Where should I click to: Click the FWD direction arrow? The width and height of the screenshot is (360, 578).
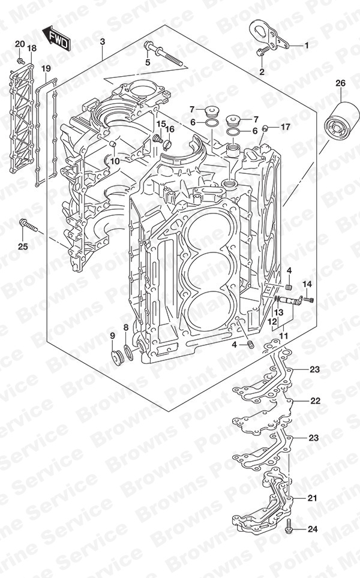pos(56,38)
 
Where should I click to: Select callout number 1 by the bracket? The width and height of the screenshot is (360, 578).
pos(306,46)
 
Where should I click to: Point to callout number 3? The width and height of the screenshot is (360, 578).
pos(102,41)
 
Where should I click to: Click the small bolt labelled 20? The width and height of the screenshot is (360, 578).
pos(21,61)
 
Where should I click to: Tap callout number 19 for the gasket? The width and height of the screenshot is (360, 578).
pos(46,68)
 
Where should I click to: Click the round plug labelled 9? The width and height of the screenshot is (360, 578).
pos(118,357)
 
